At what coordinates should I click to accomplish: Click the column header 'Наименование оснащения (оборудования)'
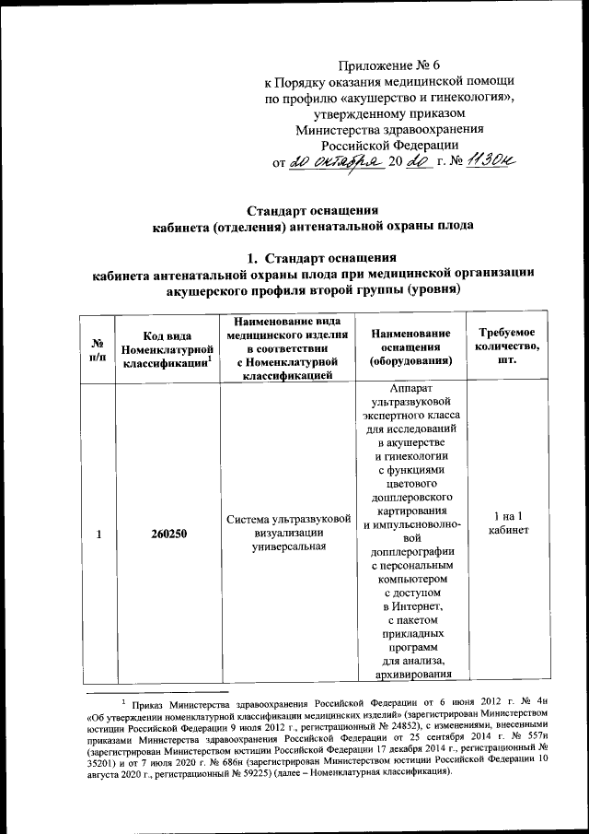tap(410, 347)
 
